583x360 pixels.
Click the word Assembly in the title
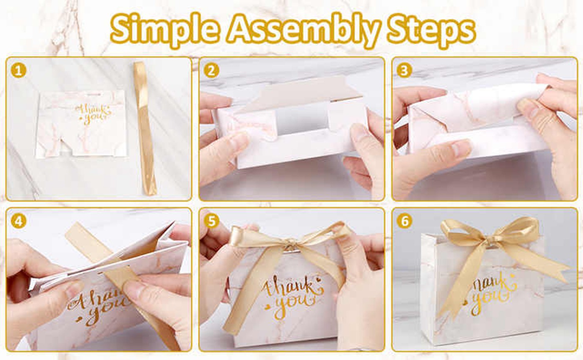click(x=304, y=29)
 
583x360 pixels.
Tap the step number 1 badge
click(x=18, y=70)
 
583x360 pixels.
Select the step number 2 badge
click(x=211, y=70)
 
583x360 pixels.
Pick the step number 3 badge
click(x=404, y=70)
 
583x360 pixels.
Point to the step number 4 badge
click(x=18, y=221)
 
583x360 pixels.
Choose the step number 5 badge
click(x=211, y=221)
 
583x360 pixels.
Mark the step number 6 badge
click(x=404, y=221)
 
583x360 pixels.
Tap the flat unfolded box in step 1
click(x=81, y=124)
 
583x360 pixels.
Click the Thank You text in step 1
click(x=92, y=113)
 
